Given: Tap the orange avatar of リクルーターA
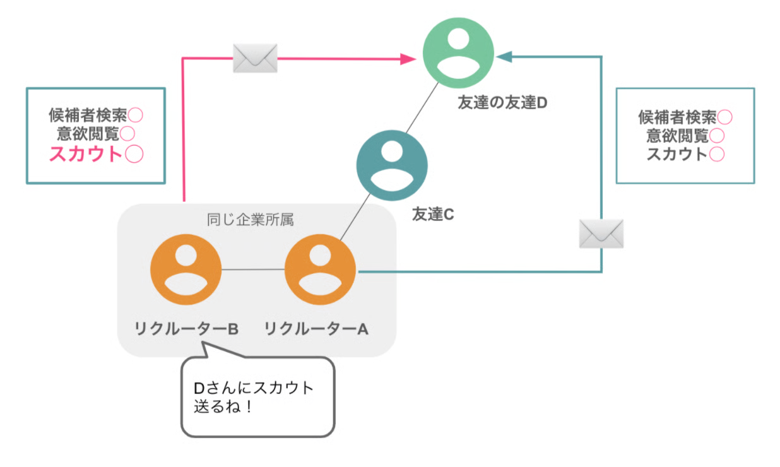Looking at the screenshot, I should (320, 270).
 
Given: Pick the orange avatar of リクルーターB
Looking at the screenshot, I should (186, 269).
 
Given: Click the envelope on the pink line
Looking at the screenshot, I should (255, 59).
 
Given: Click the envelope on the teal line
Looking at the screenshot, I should (601, 233).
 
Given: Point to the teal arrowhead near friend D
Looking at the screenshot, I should (503, 57).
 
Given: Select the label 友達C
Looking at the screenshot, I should (433, 215).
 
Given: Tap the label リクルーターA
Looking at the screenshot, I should (316, 329).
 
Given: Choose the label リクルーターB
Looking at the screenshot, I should (186, 329).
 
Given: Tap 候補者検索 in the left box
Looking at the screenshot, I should (88, 115).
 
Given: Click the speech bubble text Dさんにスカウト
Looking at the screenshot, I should (253, 387).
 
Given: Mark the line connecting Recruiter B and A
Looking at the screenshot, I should (252, 269).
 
